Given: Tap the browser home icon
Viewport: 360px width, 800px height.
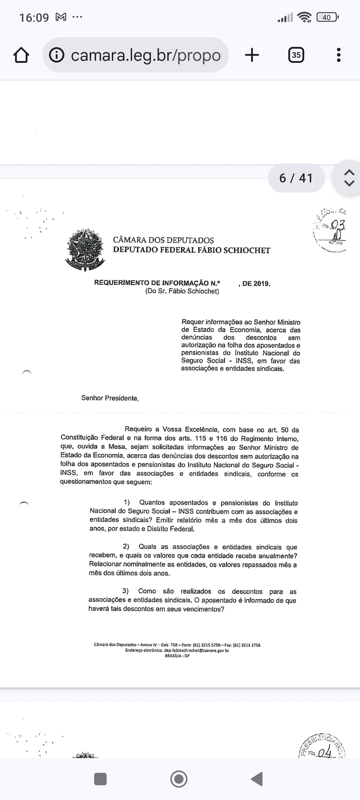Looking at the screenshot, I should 22,55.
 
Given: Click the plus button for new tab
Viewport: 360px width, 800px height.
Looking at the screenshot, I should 252,55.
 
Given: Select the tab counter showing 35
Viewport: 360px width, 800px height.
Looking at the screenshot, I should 296,55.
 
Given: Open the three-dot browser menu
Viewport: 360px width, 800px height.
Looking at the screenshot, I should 338,55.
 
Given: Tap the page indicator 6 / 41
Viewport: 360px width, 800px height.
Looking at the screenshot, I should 296,178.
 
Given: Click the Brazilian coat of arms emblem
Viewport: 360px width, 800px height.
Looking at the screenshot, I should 85,249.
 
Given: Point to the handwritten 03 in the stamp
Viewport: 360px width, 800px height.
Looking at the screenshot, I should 337,224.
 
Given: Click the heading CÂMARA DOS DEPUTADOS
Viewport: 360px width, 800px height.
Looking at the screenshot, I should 163,240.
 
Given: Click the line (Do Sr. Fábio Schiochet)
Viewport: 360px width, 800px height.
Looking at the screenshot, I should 182,291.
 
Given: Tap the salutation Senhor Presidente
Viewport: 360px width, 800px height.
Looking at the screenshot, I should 110,398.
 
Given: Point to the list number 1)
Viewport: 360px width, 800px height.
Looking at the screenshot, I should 127,502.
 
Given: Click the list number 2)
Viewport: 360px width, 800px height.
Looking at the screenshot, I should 126,546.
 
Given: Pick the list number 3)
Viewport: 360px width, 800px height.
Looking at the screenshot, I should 125,591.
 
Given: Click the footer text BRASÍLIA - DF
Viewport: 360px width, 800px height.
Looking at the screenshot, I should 177,656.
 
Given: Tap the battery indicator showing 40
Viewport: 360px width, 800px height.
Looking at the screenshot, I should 327,17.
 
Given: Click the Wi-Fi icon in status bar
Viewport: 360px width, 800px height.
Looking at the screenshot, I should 305,17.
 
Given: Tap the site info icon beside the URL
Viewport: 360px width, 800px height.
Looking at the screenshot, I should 57,55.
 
